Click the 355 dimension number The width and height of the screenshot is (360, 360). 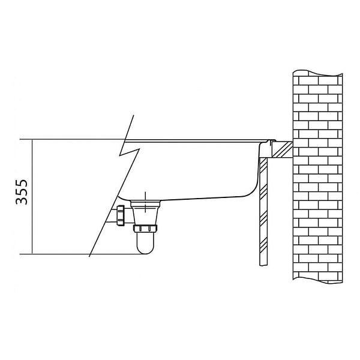[x=22, y=192]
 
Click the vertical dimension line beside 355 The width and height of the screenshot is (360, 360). [x=32, y=197]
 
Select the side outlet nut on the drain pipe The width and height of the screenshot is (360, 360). [x=121, y=215]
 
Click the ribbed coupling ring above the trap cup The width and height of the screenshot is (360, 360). [x=145, y=229]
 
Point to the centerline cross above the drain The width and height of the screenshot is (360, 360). [x=145, y=202]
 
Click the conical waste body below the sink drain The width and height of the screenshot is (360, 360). [x=145, y=213]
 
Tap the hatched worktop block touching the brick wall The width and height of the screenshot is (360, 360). [x=282, y=149]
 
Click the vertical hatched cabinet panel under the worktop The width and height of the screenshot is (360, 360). [x=263, y=211]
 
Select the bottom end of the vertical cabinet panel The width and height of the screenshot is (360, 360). [x=263, y=265]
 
